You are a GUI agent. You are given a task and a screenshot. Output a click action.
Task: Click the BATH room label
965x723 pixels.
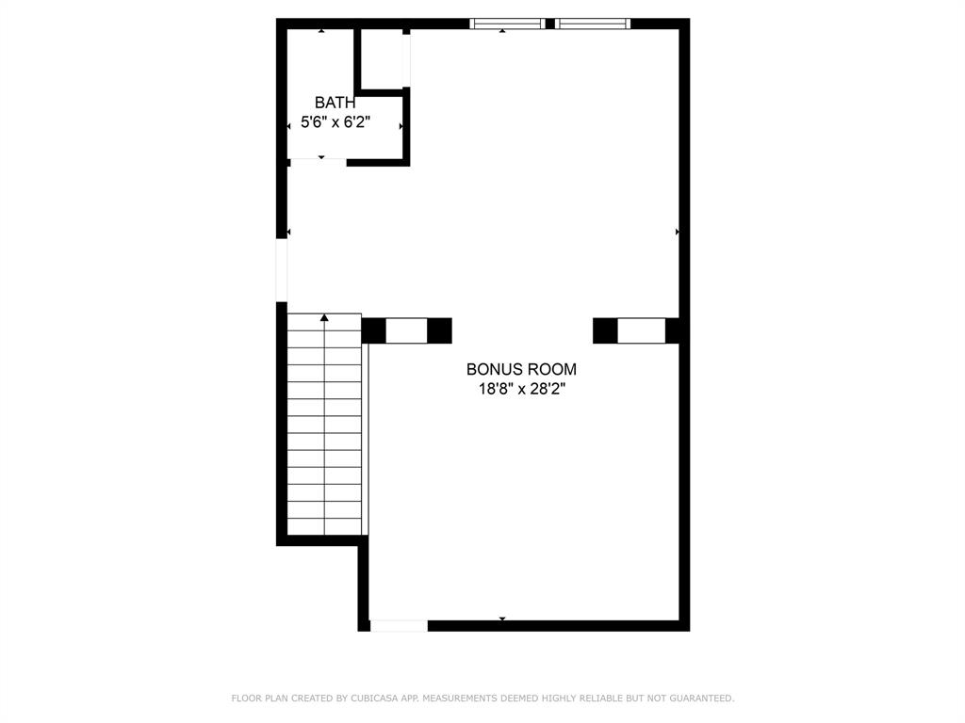335,103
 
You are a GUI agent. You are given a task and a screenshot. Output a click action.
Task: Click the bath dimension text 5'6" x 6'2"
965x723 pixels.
335,122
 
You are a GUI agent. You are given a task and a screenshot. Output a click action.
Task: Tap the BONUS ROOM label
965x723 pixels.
521,369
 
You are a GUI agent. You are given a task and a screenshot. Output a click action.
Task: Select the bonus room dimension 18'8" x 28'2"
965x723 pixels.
521,389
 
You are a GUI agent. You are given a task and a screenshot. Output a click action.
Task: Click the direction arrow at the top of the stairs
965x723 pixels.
324,318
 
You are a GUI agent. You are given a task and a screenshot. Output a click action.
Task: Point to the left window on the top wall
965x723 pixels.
507,24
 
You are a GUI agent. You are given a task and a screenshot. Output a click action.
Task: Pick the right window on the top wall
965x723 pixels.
593,24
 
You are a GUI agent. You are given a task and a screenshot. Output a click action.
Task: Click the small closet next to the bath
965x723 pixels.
382,59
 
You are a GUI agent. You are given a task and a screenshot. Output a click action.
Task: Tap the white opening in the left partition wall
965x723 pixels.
406,330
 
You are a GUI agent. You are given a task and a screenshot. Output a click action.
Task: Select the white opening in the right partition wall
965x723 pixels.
641,330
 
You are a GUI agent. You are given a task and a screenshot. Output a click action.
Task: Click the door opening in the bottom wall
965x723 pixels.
399,626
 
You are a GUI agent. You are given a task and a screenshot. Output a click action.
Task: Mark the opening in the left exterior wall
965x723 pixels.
281,270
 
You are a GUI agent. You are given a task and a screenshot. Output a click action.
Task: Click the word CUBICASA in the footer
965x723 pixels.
374,699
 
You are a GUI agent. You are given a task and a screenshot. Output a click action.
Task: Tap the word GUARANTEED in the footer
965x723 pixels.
701,699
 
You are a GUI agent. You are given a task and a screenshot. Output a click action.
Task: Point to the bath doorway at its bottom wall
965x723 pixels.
319,162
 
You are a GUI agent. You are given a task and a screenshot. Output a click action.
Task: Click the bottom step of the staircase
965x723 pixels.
324,527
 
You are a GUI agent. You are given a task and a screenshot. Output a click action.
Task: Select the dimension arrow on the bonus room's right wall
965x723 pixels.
677,232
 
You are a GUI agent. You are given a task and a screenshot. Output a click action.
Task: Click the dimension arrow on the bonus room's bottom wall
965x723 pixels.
502,619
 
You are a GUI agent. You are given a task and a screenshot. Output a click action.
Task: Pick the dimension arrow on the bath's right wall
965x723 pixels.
401,126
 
